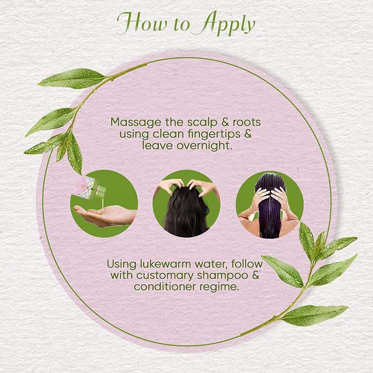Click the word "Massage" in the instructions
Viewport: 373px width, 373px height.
click(136, 123)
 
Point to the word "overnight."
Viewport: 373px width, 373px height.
click(205, 145)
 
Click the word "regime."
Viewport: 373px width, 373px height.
click(219, 287)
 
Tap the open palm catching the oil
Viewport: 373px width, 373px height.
click(104, 216)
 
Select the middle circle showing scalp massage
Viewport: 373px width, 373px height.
click(186, 204)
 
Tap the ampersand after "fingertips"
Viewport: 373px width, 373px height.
click(247, 134)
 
